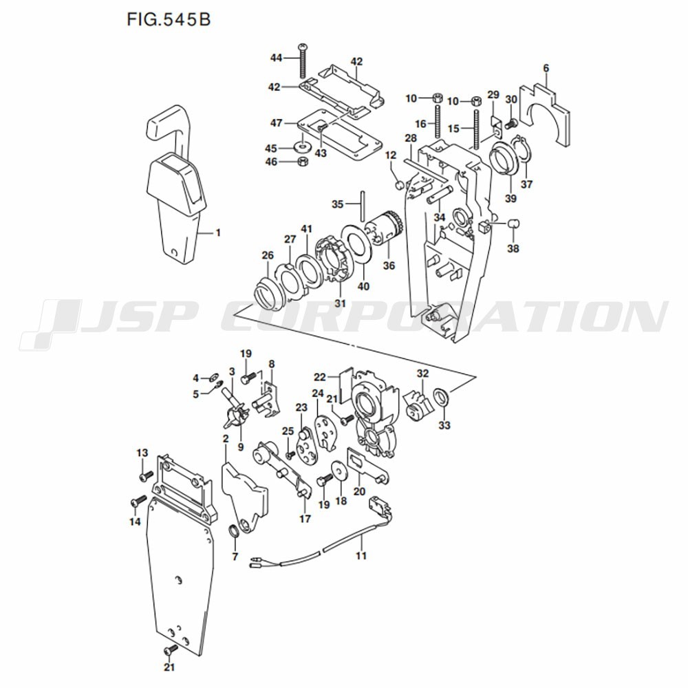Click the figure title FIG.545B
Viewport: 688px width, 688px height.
coord(169,20)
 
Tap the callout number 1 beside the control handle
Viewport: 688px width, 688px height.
coord(218,233)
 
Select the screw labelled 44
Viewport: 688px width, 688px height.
coord(303,61)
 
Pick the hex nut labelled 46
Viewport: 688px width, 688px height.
coord(302,162)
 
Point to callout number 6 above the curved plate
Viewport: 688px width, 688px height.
coord(546,68)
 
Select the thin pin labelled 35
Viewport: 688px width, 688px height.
coord(363,206)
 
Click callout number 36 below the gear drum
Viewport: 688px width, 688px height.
coord(389,266)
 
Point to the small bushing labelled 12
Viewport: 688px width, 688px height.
coord(400,186)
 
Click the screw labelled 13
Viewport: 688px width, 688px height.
coord(147,475)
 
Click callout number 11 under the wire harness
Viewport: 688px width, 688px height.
coord(361,556)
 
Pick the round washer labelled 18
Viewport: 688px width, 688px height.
coord(339,470)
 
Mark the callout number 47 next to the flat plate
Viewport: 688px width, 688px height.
coord(276,123)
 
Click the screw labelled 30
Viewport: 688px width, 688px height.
coord(510,124)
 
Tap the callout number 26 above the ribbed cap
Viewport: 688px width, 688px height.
coord(268,255)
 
